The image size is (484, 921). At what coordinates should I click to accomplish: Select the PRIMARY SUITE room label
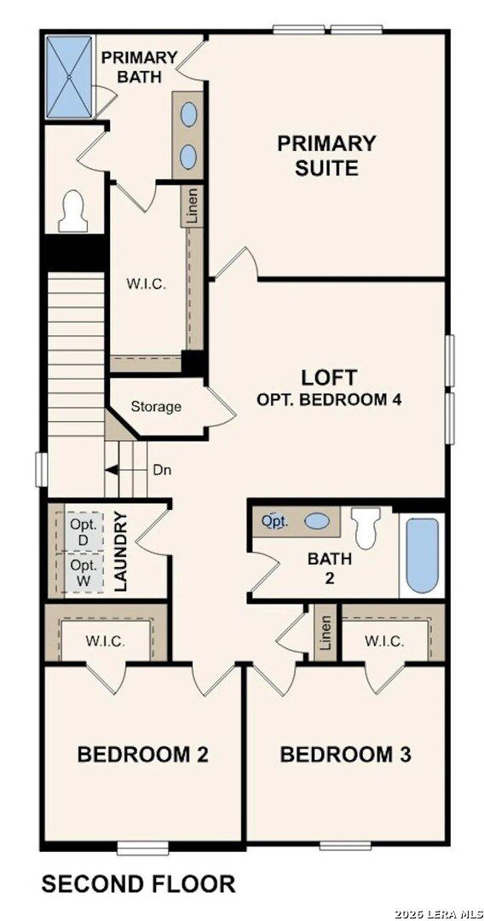tap(326, 155)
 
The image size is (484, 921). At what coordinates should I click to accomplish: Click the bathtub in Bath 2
tap(422, 554)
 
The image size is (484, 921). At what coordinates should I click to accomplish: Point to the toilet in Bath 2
tap(367, 527)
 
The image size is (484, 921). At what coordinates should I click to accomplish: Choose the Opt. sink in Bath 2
tap(274, 520)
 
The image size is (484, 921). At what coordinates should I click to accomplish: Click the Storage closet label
tap(156, 407)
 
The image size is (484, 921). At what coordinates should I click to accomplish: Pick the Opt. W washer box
tap(84, 571)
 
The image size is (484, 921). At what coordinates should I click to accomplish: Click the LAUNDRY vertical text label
tap(120, 551)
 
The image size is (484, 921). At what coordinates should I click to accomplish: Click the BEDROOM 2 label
tap(142, 755)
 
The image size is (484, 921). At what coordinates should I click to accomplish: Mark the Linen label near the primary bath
tap(193, 206)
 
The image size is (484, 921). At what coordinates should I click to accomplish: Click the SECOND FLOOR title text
tap(138, 884)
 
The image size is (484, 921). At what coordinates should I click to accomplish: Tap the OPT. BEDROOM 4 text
tap(329, 399)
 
